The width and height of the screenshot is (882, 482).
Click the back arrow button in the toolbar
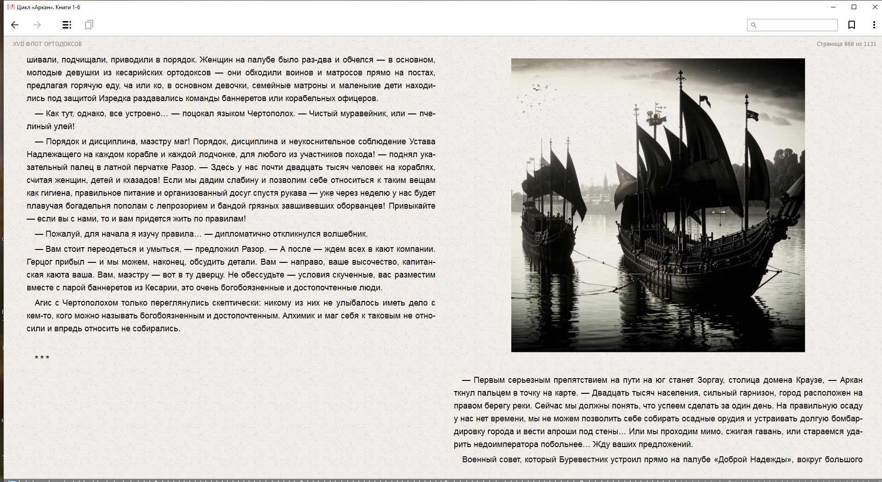coord(15,25)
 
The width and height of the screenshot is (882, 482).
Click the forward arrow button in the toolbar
coord(37,25)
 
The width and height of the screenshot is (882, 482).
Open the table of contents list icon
coord(67,25)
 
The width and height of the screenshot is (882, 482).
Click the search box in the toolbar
coord(797,25)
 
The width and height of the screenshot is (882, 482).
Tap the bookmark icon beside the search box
coord(851,25)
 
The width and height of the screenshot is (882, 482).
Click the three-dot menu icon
coord(874,25)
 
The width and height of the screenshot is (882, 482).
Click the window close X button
coord(875,7)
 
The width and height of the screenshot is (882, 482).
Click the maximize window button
coord(854,7)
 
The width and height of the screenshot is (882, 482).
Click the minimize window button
coord(833,7)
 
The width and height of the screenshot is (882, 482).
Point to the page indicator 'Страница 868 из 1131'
coord(846,44)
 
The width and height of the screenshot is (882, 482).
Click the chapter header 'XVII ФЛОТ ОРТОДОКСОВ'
coord(47,44)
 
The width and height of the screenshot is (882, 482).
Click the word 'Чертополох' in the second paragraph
coord(271,113)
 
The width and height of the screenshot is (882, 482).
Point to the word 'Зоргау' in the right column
coord(710,380)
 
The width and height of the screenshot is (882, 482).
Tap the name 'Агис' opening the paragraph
coord(43,303)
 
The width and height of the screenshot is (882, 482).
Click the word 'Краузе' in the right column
coord(809,380)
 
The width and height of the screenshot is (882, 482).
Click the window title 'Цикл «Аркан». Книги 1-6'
coord(49,7)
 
